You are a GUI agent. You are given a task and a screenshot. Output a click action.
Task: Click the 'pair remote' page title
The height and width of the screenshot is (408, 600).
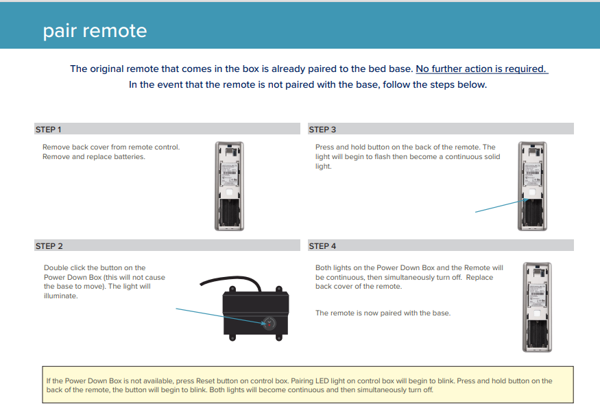pos(95,31)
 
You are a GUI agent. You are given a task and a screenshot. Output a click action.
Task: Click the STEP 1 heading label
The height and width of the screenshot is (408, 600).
pos(48,129)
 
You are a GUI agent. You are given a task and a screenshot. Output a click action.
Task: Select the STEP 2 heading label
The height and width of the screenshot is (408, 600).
pos(49,245)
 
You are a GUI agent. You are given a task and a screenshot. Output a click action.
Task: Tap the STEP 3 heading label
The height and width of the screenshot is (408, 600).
pos(322,129)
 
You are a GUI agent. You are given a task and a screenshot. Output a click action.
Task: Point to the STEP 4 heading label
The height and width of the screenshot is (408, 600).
pos(322,245)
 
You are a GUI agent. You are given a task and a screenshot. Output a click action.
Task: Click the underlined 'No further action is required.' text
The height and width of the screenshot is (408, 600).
pos(481,69)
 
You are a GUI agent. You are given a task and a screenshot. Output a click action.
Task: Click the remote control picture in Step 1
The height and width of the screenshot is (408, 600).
pos(229,185)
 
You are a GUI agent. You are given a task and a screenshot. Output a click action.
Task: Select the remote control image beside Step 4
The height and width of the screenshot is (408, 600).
pos(536,307)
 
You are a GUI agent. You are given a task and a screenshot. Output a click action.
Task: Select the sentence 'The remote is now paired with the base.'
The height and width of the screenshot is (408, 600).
pos(383,313)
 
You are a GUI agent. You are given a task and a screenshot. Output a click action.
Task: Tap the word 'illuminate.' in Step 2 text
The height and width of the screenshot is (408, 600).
pos(60,296)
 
